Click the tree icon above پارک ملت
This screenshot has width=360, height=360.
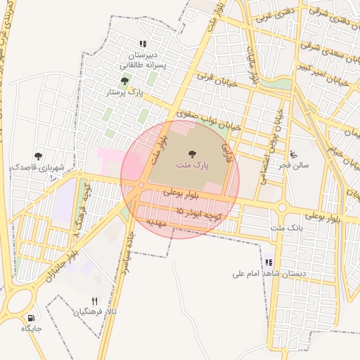tap(191, 153)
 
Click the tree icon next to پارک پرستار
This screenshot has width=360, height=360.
tap(125, 82)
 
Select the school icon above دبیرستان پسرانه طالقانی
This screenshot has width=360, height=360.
tap(144, 44)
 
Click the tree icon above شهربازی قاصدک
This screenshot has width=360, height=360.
tap(38, 156)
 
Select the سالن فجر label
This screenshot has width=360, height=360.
tap(293, 165)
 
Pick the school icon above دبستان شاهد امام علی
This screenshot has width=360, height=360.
tap(268, 262)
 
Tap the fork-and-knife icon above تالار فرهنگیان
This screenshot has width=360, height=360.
tap(95, 300)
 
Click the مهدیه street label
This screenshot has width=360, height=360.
tap(155, 221)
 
